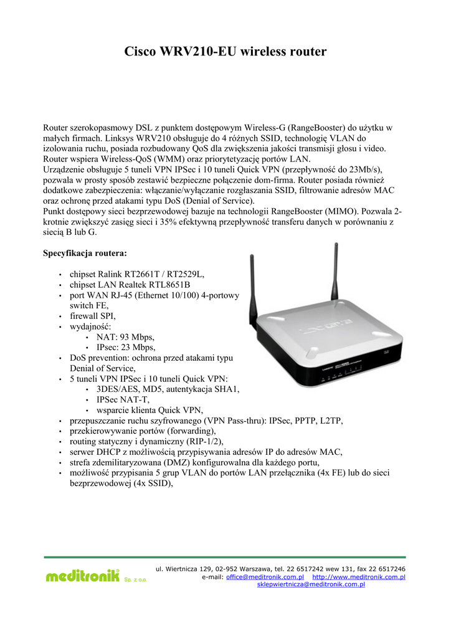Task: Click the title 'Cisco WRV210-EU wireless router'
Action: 225,52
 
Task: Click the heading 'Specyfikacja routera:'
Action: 85,254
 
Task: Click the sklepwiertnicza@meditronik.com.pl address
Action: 311,584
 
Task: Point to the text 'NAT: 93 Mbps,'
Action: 125,337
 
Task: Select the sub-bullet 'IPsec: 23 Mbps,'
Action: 126,348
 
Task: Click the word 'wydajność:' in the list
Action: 90,326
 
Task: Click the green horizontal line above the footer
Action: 225,556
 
